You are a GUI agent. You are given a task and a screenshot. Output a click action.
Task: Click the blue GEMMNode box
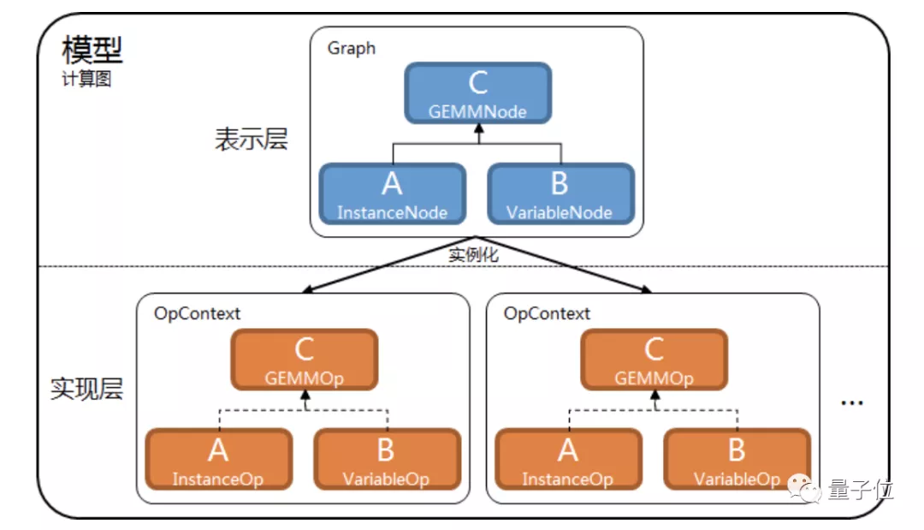[478, 93]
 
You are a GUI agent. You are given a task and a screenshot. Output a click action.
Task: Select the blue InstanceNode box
[393, 194]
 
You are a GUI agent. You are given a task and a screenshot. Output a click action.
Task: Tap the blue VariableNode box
[560, 194]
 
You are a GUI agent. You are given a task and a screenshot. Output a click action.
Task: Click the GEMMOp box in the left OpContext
[304, 360]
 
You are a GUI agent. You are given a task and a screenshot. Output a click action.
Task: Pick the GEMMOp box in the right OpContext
[654, 360]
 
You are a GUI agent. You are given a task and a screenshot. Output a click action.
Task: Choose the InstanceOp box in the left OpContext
[219, 459]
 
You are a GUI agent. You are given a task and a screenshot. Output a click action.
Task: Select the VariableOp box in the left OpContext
[388, 459]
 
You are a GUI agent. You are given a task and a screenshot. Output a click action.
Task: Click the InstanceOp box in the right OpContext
[569, 459]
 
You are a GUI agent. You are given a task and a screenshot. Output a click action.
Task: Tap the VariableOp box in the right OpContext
[737, 459]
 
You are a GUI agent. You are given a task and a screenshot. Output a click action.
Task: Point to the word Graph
[352, 48]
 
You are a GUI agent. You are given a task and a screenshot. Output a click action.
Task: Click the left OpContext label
[197, 313]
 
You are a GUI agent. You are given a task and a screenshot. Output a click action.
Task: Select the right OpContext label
[547, 313]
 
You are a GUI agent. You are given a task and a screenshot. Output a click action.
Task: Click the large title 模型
[92, 50]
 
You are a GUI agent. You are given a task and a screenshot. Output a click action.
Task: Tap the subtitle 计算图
[86, 79]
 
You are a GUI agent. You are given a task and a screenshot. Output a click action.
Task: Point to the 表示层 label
[251, 140]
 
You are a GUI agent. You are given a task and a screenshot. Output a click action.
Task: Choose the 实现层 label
[86, 389]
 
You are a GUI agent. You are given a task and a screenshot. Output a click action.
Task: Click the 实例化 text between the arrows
[473, 254]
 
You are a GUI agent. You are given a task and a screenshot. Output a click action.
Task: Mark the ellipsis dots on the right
[852, 403]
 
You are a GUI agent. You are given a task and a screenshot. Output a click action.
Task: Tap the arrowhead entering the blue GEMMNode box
[479, 128]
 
